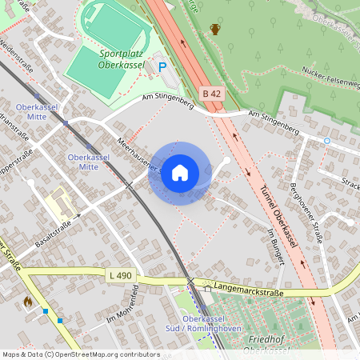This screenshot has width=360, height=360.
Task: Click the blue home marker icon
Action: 180,173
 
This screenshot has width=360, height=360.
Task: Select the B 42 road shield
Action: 212,94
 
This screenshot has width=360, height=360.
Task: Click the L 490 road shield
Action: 118,275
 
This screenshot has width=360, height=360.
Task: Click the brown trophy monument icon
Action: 214,30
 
